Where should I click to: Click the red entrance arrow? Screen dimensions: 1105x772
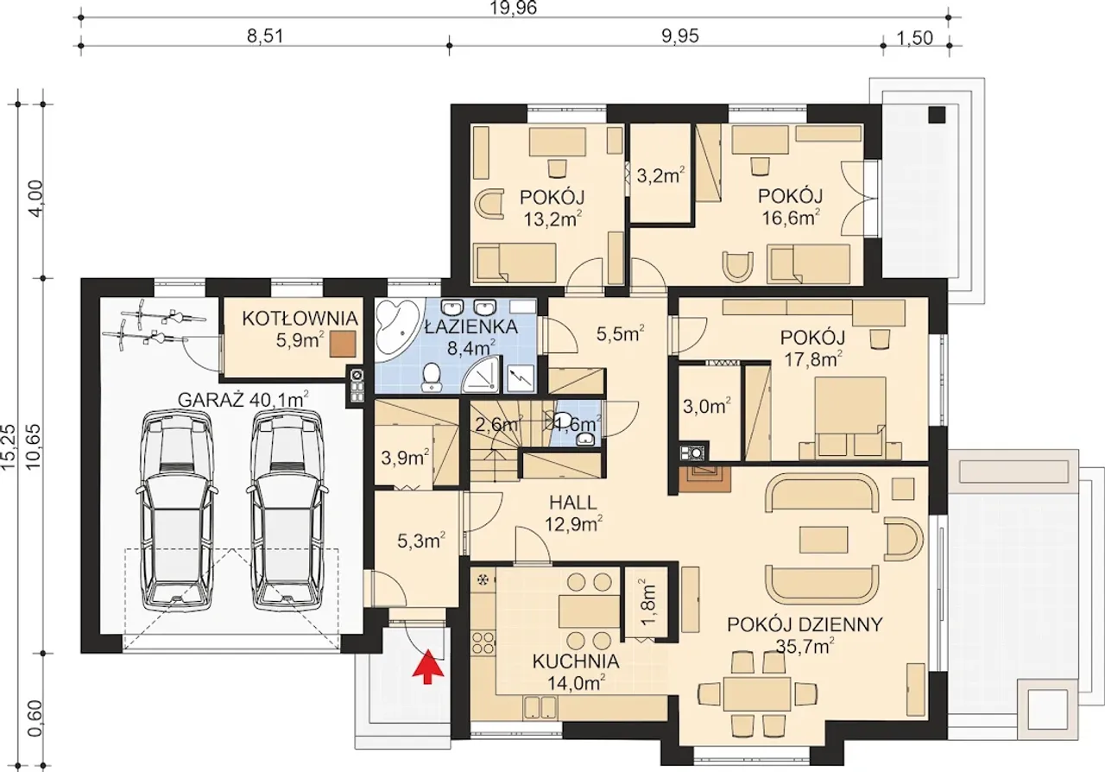(427, 667)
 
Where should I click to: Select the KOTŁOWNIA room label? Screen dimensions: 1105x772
(300, 319)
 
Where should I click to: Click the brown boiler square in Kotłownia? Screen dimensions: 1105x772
(344, 344)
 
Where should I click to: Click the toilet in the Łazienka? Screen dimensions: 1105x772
(433, 377)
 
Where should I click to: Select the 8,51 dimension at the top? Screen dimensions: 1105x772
(265, 37)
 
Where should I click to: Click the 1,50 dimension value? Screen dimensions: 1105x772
(915, 38)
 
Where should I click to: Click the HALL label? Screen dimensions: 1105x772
(573, 503)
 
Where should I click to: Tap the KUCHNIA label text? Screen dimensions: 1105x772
(576, 661)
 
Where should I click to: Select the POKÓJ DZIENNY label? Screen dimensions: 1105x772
(805, 624)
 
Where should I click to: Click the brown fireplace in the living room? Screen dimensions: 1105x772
(704, 478)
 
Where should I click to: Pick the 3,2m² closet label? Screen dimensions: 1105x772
(660, 175)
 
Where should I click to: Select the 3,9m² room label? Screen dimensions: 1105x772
(406, 458)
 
